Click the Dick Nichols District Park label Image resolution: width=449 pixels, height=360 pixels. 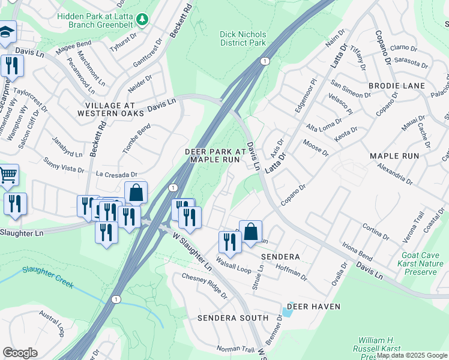(243, 38)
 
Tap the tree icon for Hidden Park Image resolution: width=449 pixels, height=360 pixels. (142, 20)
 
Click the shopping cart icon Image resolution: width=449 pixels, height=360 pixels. (8, 175)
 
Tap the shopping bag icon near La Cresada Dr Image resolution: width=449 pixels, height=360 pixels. (136, 193)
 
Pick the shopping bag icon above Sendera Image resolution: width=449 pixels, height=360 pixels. (250, 232)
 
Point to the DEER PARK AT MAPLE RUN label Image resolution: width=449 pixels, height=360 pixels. (215, 155)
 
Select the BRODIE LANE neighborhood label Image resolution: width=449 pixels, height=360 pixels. (397, 86)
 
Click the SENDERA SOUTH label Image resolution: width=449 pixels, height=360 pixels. (233, 317)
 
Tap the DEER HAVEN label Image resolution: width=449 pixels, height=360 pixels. (313, 307)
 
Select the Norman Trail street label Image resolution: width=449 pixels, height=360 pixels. (236, 349)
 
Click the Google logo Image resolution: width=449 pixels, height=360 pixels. (20, 353)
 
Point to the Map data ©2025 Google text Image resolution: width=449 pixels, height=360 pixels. (412, 355)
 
